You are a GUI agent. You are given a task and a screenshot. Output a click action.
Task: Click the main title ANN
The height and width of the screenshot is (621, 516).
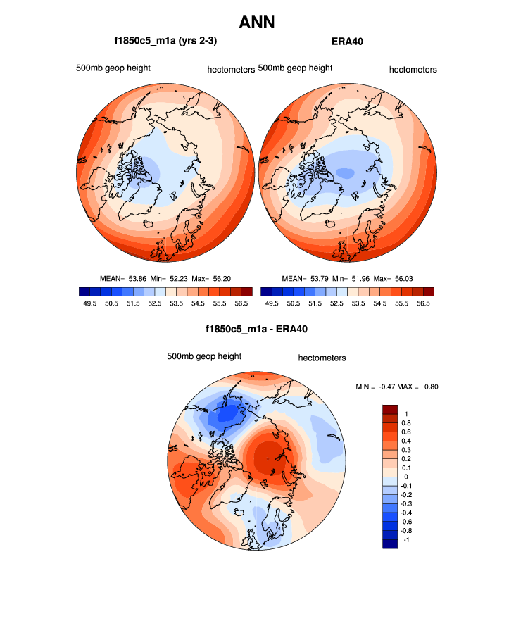coord(257,23)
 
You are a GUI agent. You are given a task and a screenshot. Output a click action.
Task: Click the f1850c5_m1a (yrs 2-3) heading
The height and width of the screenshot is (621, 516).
coord(165,42)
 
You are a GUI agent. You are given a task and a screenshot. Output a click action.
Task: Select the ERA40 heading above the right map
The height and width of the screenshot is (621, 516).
coord(346,42)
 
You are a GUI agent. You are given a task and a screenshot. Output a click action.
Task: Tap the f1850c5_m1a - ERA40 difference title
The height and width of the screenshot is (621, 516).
coord(257,328)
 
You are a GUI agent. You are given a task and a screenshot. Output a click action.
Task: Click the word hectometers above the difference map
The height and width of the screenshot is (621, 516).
coord(322,358)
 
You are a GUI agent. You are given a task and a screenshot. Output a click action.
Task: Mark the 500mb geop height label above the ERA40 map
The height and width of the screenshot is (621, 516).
coord(295,68)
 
